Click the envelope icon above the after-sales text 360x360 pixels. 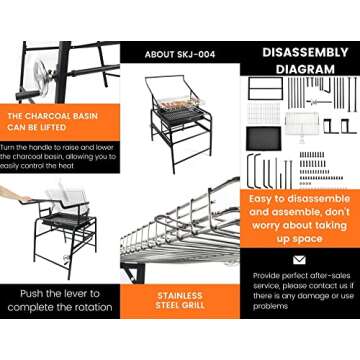pos(299,260)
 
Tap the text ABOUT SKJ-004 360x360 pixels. pos(180,55)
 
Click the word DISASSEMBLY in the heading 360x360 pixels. pos(305,53)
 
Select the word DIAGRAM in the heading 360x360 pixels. pos(305,69)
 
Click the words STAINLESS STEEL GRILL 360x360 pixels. pos(180,301)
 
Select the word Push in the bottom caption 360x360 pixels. pos(32,294)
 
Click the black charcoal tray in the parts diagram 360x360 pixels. pos(264,138)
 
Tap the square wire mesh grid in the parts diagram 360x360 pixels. pos(264,113)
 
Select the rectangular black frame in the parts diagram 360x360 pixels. pos(265,88)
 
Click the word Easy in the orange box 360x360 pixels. pos(261,199)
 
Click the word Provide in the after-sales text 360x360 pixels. pos(266,276)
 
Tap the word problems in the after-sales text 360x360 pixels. pos(270,306)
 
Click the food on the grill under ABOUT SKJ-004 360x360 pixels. pos(178,105)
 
